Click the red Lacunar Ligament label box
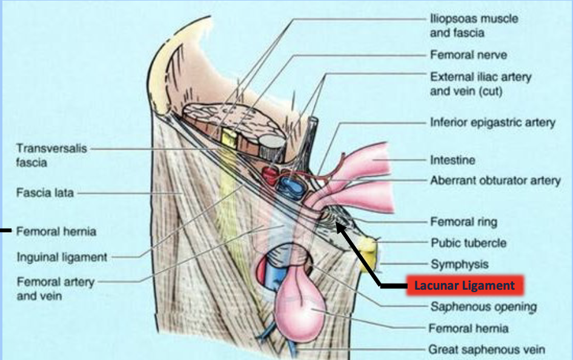point(463,285)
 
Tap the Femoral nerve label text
point(468,55)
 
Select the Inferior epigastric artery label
point(492,122)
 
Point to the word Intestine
point(452,161)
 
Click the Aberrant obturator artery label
point(495,181)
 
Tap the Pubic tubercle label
point(468,244)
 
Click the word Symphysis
point(459,264)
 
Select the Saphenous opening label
point(483,307)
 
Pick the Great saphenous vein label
point(487,350)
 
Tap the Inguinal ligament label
point(62,257)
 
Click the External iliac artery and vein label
point(480,84)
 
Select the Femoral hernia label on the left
point(56,232)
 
